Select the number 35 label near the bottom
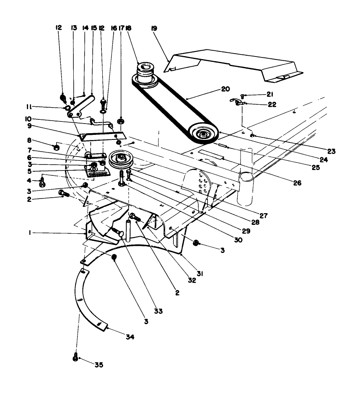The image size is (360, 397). (x=98, y=365)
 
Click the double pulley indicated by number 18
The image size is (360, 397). (x=145, y=73)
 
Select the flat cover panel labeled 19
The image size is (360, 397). (x=235, y=65)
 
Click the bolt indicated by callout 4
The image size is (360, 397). (x=42, y=183)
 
